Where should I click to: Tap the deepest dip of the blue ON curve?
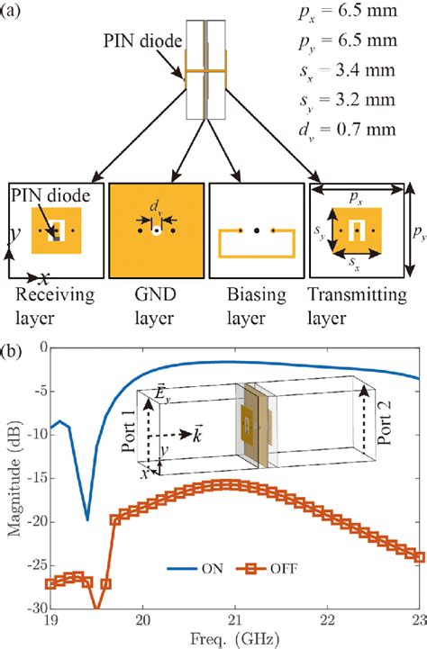(87, 518)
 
